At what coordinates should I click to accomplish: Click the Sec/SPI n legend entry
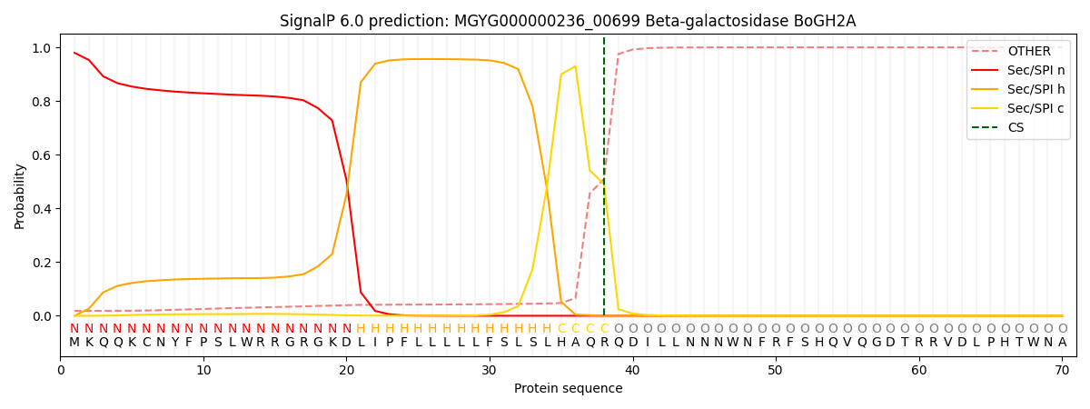pyautogui.click(x=1017, y=70)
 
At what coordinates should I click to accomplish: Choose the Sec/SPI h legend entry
pyautogui.click(x=1017, y=89)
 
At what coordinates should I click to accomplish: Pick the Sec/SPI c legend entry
pyautogui.click(x=1017, y=108)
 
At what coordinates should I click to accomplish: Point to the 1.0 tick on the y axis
pyautogui.click(x=42, y=47)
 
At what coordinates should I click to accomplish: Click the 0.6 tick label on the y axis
pyautogui.click(x=42, y=155)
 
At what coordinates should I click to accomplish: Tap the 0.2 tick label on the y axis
pyautogui.click(x=42, y=263)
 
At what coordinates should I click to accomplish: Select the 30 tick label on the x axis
pyautogui.click(x=489, y=371)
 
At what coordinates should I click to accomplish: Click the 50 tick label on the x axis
pyautogui.click(x=775, y=371)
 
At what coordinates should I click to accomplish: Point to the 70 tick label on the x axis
pyautogui.click(x=1062, y=371)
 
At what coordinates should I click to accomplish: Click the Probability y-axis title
pyautogui.click(x=19, y=196)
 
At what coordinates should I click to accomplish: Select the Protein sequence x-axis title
pyautogui.click(x=569, y=389)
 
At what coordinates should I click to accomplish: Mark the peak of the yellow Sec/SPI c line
pyautogui.click(x=575, y=66)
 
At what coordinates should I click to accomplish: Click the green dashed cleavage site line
pyautogui.click(x=604, y=176)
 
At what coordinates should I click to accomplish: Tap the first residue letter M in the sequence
pyautogui.click(x=74, y=343)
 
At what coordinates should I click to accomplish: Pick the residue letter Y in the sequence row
pyautogui.click(x=174, y=343)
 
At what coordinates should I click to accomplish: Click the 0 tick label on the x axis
pyautogui.click(x=60, y=371)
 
